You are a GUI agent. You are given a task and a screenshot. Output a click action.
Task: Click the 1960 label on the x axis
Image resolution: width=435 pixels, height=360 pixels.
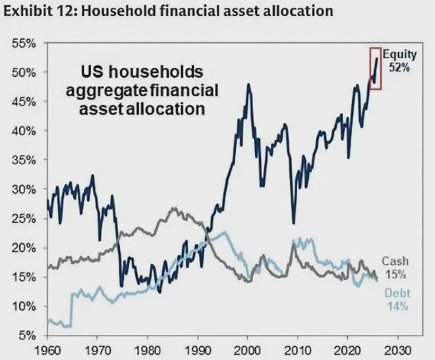[48, 349]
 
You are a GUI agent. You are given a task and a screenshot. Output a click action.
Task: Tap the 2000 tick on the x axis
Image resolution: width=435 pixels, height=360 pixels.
[248, 349]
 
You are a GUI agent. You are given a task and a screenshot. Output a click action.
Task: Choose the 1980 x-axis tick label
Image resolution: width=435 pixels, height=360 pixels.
[148, 349]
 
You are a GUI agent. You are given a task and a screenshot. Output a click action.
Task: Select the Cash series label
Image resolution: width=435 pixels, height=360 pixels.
[394, 262]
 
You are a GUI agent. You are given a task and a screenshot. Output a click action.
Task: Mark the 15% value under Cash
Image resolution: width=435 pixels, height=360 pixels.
[394, 274]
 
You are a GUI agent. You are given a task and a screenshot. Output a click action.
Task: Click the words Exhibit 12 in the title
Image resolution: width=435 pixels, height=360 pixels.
[37, 11]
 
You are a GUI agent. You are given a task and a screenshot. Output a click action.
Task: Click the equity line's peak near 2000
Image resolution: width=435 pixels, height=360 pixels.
[248, 84]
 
